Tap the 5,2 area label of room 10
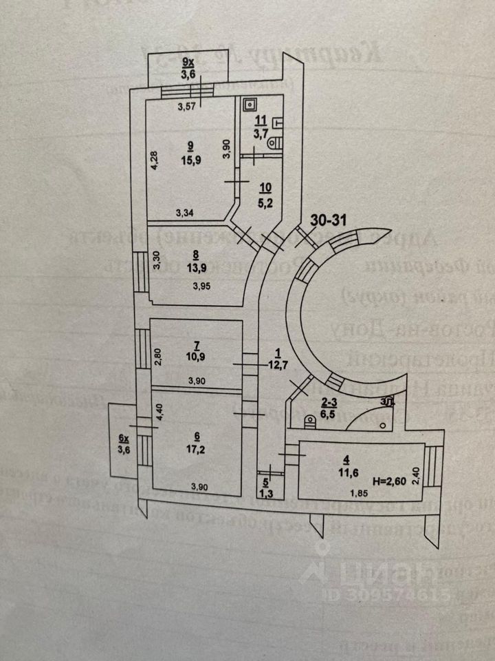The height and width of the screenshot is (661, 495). [x=265, y=204]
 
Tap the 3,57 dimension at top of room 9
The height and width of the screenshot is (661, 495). [x=187, y=106]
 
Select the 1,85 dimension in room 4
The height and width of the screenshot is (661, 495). [x=355, y=492]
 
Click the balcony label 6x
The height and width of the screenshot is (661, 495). [x=124, y=439]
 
